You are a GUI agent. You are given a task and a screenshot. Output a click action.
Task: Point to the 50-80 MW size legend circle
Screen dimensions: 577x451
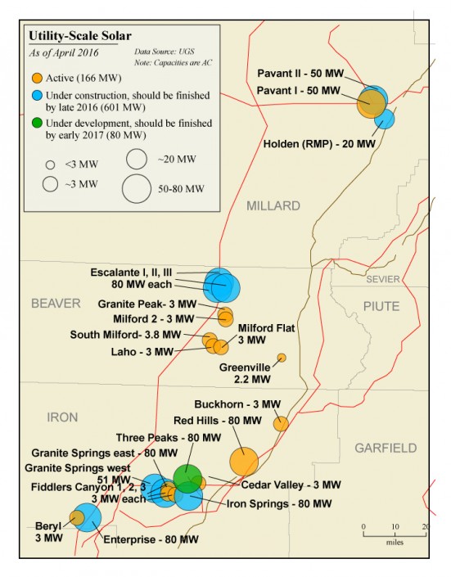pos(138,188)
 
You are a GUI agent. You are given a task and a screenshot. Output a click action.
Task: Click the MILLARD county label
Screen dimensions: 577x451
pos(273,206)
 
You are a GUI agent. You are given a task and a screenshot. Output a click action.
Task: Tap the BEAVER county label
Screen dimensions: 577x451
pos(56,304)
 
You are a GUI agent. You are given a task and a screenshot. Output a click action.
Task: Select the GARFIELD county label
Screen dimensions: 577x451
pos(386,448)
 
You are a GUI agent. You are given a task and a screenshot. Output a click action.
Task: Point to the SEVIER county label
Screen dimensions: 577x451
pos(383,279)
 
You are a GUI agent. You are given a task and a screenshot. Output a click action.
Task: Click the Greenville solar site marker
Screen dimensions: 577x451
pos(282,358)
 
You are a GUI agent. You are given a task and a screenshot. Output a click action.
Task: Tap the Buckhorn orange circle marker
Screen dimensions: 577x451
pos(281,423)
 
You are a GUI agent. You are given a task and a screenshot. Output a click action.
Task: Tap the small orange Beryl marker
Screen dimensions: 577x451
pos(76,517)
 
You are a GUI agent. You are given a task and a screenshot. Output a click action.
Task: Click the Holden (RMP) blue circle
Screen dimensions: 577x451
pos(385,119)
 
